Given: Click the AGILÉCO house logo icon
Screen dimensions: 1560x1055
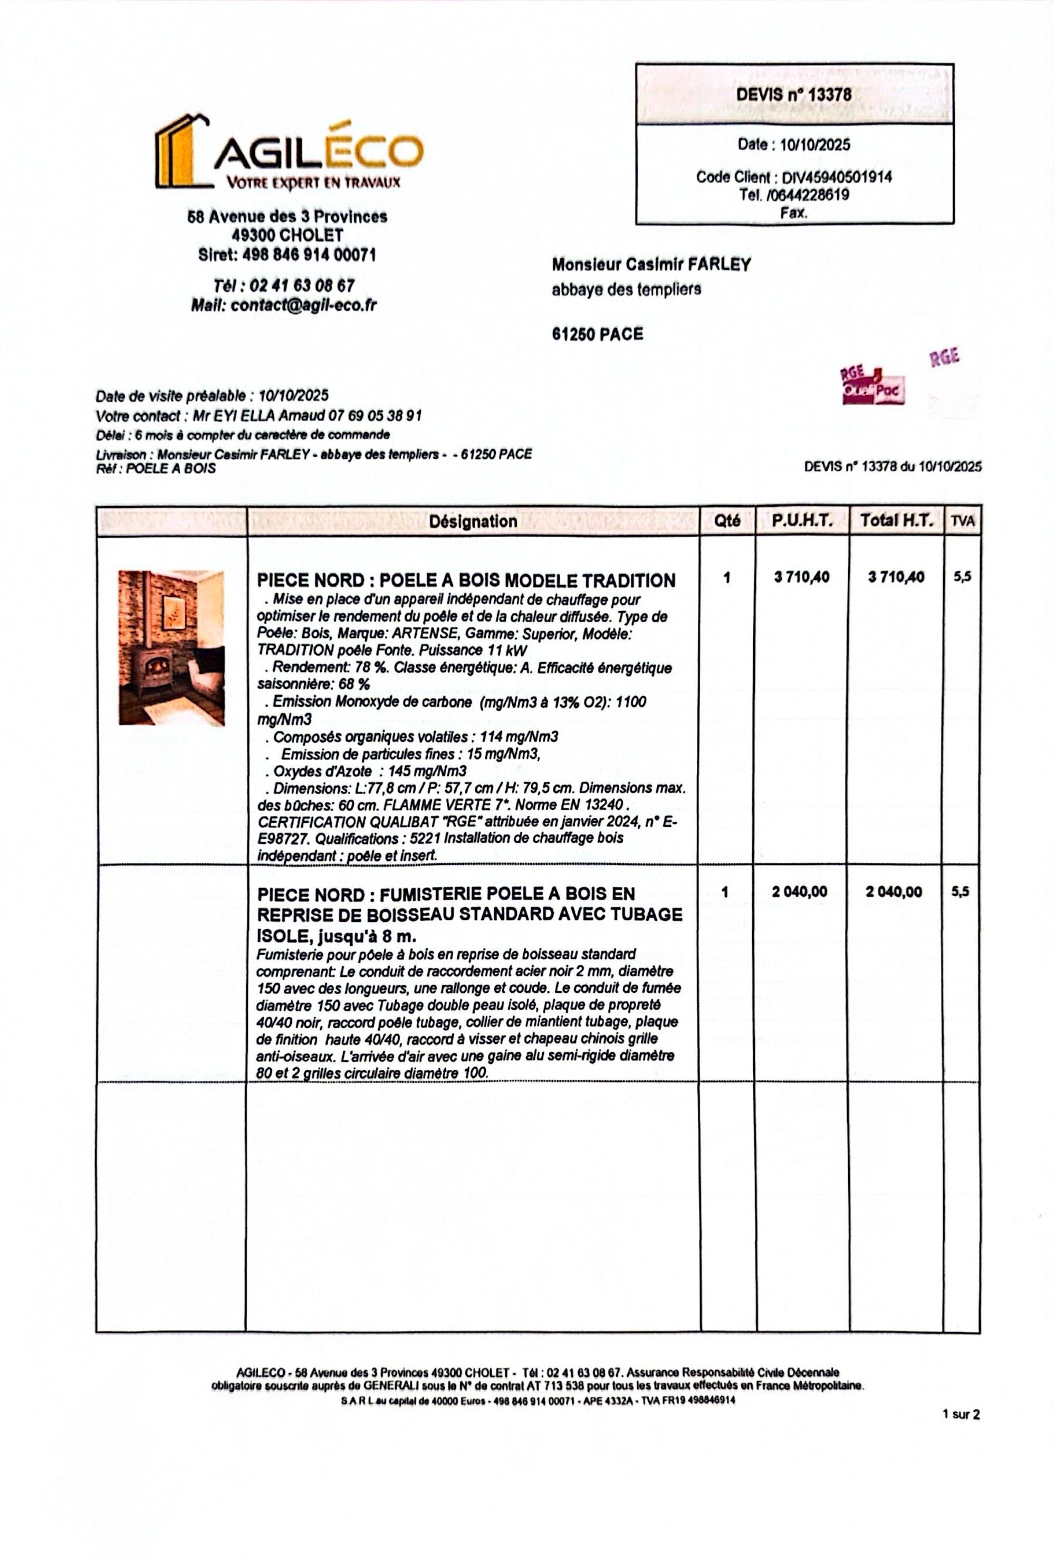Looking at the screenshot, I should pos(180,151).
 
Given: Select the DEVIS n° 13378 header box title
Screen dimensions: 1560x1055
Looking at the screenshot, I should pos(793,94).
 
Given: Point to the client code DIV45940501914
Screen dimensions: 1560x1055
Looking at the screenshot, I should pos(836,177).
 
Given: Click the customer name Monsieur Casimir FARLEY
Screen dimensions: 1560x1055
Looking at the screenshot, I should pos(650,264).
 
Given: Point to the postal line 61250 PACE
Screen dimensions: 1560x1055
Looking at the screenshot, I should pos(597,334).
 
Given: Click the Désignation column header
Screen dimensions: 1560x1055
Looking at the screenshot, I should pos(473,521).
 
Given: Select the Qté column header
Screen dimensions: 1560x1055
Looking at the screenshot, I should pos(727,521).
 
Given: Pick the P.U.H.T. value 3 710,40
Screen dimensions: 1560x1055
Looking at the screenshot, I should pos(801,577).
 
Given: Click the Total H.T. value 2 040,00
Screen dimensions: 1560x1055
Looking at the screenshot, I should pos(895,891).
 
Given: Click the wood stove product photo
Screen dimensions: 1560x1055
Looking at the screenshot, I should pos(171,647).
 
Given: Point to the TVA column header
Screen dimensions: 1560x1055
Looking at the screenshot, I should pos(962,521).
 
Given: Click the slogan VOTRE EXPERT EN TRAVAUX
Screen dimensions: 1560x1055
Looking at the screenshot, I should pos(313,182).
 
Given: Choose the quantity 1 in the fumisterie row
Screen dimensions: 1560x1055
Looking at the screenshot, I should pos(725,891).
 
